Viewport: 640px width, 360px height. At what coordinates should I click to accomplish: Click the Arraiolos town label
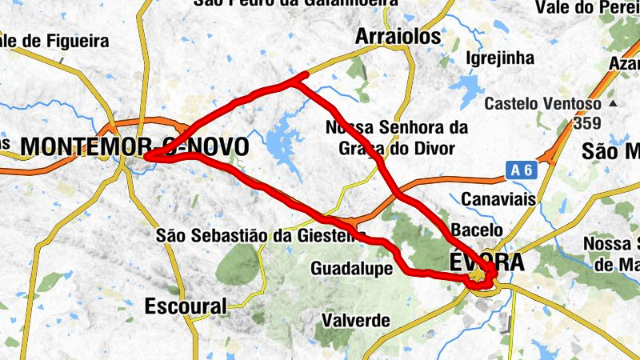pos(398,37)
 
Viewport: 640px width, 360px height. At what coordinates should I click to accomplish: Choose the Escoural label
pos(186,306)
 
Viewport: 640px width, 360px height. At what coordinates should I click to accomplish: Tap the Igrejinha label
pos(499,58)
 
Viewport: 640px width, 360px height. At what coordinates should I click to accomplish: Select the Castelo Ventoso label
pos(542,104)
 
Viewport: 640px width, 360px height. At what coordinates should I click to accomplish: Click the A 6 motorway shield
pos(519,170)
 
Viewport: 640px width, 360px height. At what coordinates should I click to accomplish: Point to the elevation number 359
pos(586,124)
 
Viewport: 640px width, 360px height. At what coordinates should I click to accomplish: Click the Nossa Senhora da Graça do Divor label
pos(395,138)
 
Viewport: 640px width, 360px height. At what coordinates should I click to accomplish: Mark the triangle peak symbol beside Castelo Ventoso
pos(613,104)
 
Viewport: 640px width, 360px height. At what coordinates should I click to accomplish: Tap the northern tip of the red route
pos(305,75)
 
